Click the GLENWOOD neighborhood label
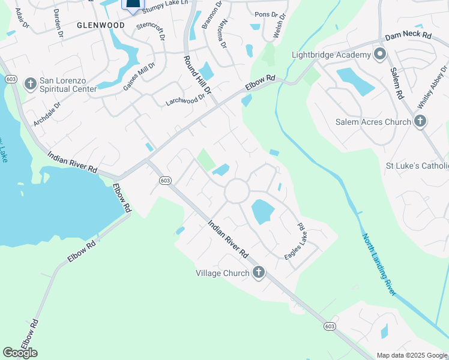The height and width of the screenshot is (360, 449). pyautogui.click(x=100, y=25)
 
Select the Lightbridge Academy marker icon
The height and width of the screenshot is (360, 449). pyautogui.click(x=379, y=55)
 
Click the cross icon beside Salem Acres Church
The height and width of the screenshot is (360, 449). pyautogui.click(x=420, y=122)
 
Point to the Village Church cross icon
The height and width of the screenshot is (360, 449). pyautogui.click(x=258, y=273)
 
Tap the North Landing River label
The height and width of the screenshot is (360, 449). pyautogui.click(x=379, y=263)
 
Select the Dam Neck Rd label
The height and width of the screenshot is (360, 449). pyautogui.click(x=409, y=37)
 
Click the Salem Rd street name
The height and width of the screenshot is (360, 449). pyautogui.click(x=397, y=84)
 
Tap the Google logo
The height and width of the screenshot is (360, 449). pyautogui.click(x=20, y=353)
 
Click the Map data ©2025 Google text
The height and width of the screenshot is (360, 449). pyautogui.click(x=411, y=355)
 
